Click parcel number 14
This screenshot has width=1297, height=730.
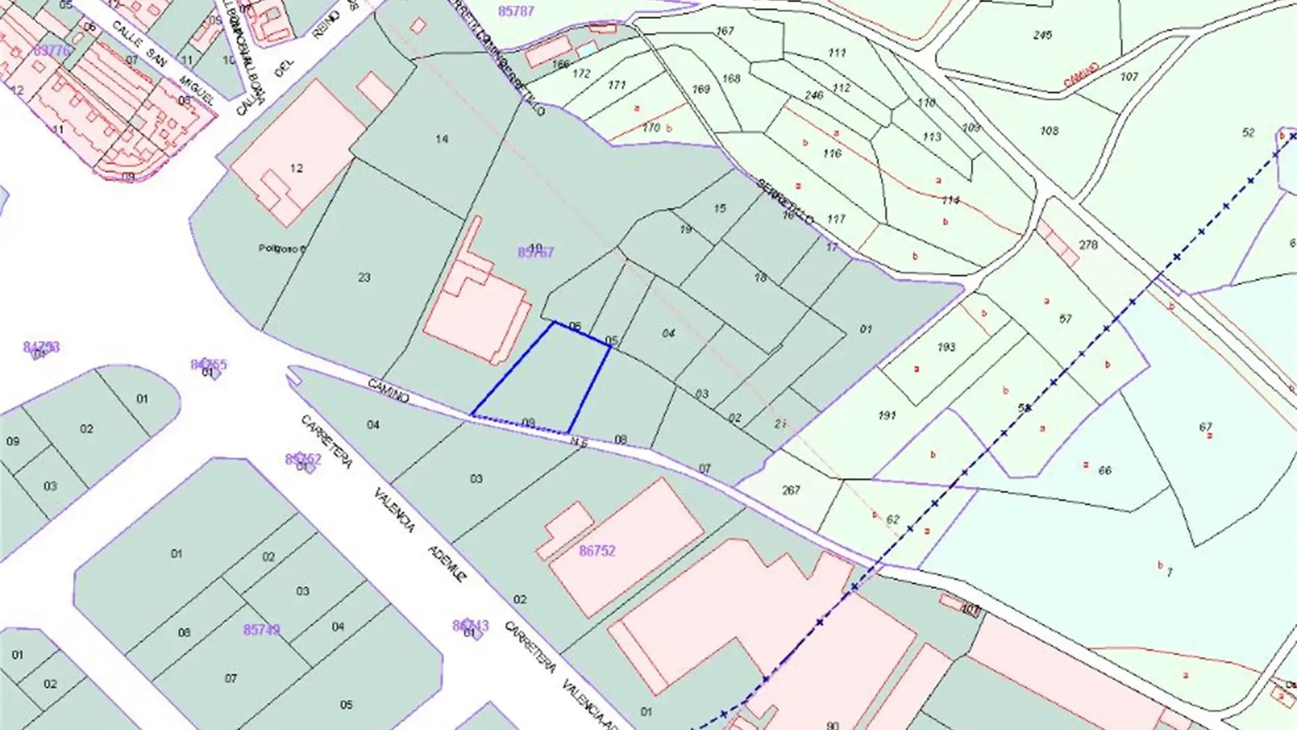442,139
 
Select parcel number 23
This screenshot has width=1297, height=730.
364,277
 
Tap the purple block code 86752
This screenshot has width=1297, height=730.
597,551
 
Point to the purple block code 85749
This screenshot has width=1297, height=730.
261,629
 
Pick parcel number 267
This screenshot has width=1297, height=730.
791,490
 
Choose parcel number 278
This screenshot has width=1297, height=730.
1088,245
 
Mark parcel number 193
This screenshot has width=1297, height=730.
946,347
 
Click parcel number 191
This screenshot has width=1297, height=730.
887,416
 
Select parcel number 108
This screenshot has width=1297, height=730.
1049,130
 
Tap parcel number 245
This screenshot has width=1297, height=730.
1042,34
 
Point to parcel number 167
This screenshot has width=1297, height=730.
725,31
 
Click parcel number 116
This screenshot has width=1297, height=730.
832,153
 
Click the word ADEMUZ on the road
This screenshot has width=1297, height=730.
448,564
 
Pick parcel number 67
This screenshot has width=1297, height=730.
1206,427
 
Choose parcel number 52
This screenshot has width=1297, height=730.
1248,132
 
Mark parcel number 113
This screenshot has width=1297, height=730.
932,137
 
